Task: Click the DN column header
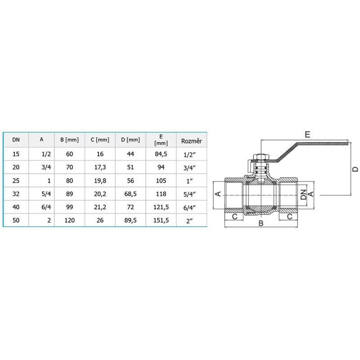[16, 139]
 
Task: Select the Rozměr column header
[192, 141]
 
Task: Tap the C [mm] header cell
[100, 139]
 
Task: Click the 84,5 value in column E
[161, 154]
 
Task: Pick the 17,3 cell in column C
[100, 167]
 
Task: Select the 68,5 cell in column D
[130, 194]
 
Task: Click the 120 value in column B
[69, 220]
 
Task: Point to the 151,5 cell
[161, 220]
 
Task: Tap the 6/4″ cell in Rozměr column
[189, 208]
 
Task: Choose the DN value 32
[16, 194]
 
